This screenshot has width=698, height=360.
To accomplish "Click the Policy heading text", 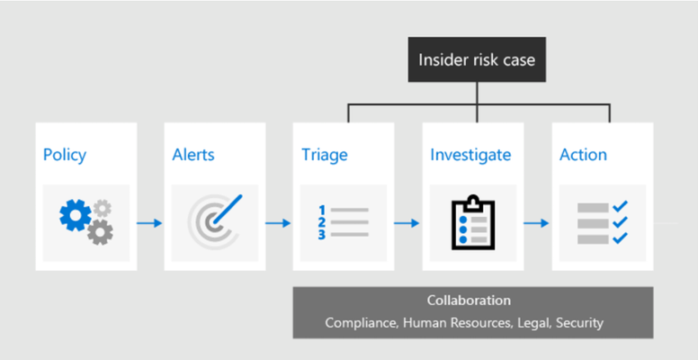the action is click(65, 155).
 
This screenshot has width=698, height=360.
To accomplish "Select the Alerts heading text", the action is click(193, 155).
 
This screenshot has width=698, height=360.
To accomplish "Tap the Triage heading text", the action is click(325, 155).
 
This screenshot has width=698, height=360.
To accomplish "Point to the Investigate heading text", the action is click(470, 155).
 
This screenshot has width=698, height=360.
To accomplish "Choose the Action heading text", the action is click(583, 155).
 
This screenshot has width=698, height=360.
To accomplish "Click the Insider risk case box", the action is click(477, 59).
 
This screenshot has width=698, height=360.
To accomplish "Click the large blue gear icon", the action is click(76, 215).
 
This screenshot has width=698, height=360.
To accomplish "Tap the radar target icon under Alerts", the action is click(215, 221).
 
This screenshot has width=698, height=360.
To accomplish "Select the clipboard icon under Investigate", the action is click(473, 222).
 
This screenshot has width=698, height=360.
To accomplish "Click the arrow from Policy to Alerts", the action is click(149, 223).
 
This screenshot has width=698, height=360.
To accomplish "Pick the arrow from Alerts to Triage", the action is click(278, 223).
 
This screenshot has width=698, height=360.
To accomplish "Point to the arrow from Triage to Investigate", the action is click(407, 223).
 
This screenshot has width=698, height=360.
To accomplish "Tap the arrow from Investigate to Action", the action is click(536, 223).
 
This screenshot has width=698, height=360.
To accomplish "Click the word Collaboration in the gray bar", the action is click(469, 301).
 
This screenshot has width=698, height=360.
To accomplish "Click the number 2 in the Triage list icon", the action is click(322, 222).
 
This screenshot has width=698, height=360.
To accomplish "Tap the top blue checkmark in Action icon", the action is click(620, 207).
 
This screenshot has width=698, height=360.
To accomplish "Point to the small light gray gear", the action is click(103, 209).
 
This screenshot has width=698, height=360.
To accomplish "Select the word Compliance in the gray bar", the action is click(362, 322).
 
